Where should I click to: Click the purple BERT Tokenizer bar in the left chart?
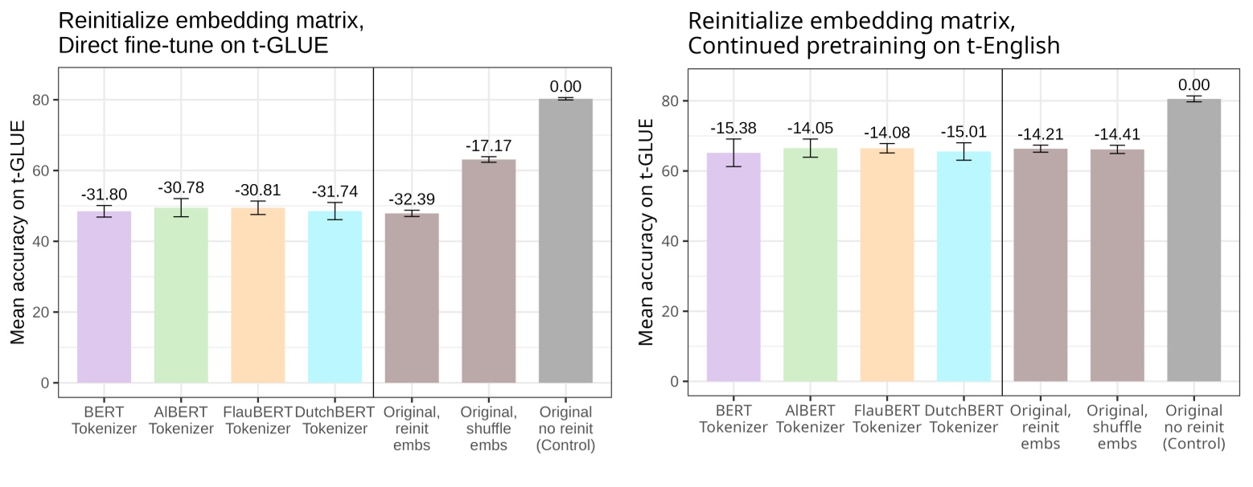pyautogui.click(x=104, y=297)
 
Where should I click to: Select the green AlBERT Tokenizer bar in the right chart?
pyautogui.click(x=810, y=265)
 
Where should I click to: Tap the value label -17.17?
pyautogui.click(x=488, y=147)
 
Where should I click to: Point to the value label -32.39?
pyautogui.click(x=412, y=200)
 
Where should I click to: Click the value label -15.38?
pyautogui.click(x=733, y=129)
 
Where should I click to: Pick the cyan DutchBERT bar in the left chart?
pyautogui.click(x=335, y=297)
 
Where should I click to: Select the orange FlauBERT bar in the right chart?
pyautogui.click(x=886, y=265)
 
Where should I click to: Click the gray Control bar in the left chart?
pyautogui.click(x=565, y=241)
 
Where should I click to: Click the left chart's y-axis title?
pyautogui.click(x=18, y=232)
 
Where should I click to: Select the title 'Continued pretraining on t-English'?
pyautogui.click(x=873, y=47)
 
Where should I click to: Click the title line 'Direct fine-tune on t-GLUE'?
pyautogui.click(x=193, y=45)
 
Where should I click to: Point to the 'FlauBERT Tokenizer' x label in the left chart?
pyautogui.click(x=257, y=420)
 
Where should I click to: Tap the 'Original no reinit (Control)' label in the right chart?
pyautogui.click(x=1194, y=427)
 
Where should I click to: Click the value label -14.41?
pyautogui.click(x=1117, y=135)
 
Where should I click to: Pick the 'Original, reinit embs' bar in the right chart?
pyautogui.click(x=1041, y=265)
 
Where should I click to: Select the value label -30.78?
pyautogui.click(x=181, y=188)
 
